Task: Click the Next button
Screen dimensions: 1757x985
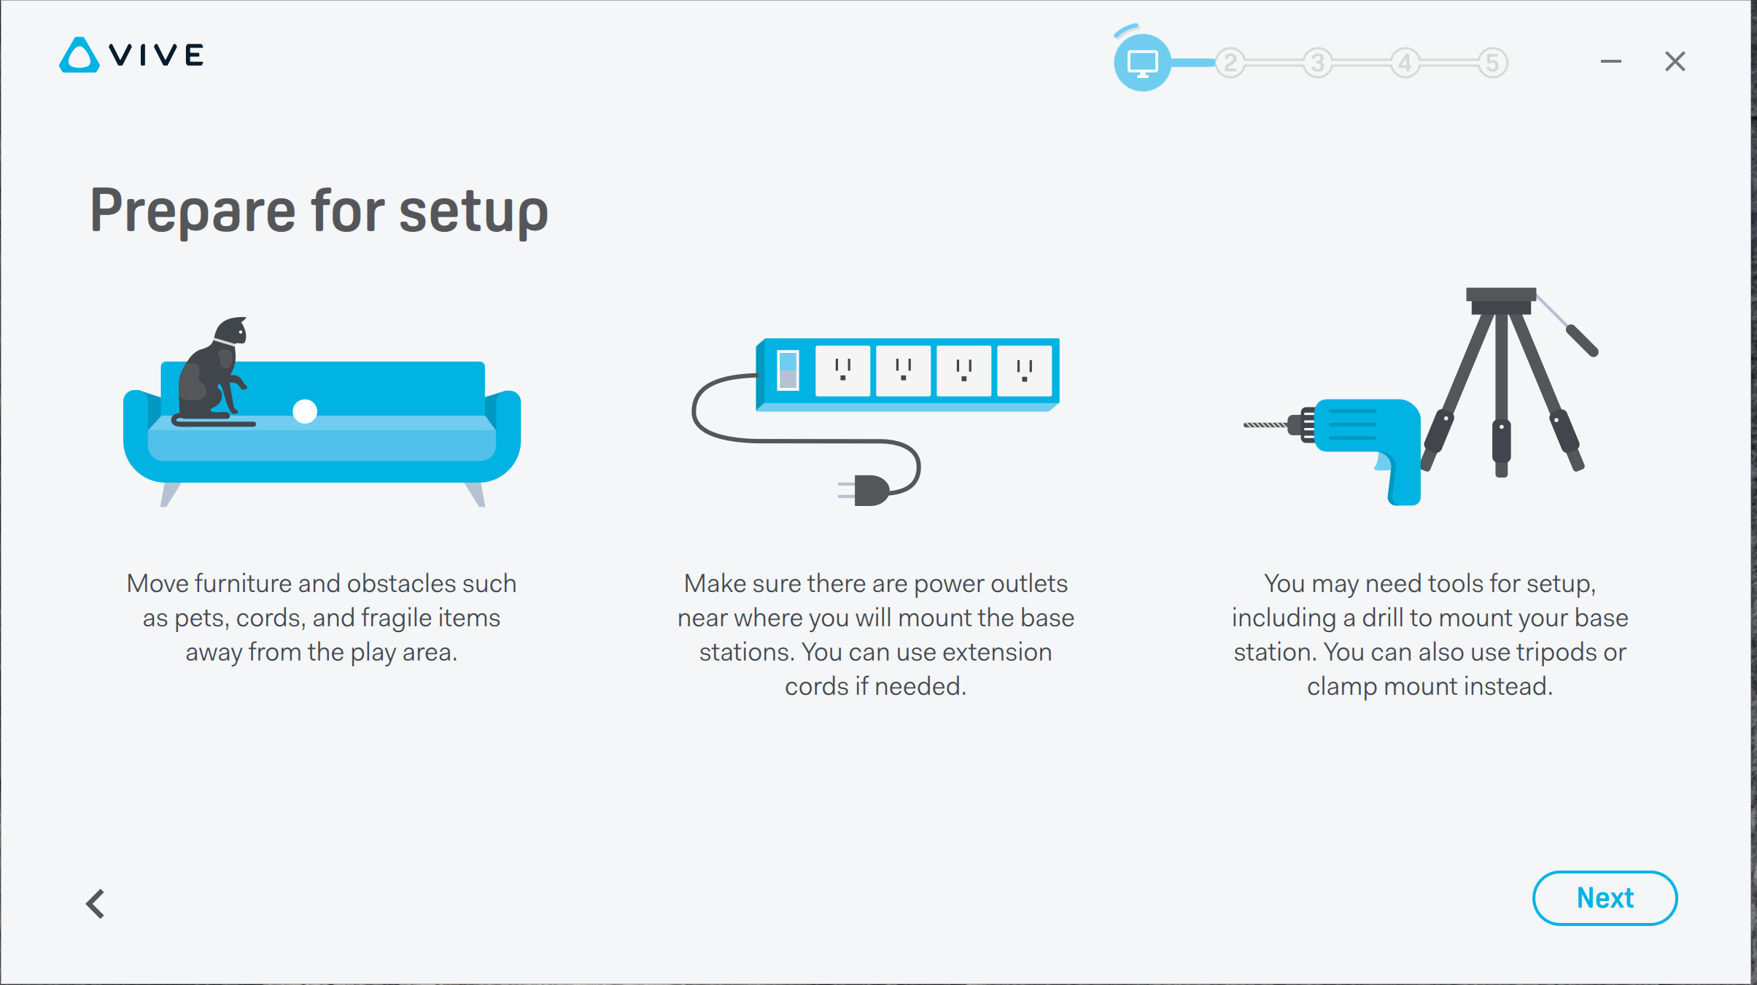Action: pos(1605,898)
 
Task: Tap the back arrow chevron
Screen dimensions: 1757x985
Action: pos(96,904)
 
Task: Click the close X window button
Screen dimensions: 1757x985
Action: pos(1675,61)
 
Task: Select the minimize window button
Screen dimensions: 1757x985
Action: pos(1610,62)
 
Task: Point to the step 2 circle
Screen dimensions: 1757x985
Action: pos(1230,63)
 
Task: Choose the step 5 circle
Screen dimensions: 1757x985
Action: pos(1493,63)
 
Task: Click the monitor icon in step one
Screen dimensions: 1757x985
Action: pos(1142,63)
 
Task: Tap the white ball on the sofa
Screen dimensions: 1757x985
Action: pos(305,411)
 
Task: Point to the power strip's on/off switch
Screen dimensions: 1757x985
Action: pos(788,370)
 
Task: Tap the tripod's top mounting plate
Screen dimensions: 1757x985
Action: pos(1501,295)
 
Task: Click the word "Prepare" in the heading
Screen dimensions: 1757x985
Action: pos(193,211)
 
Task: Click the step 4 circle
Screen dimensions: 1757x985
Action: pos(1405,63)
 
